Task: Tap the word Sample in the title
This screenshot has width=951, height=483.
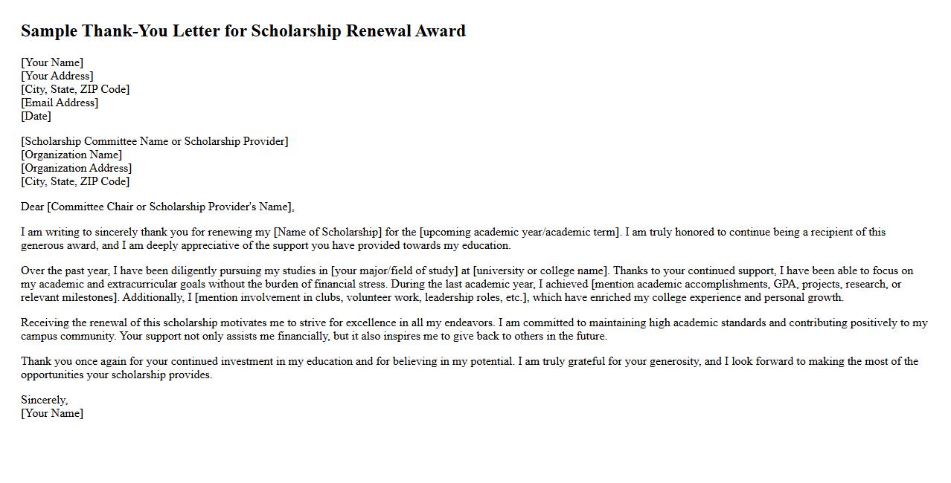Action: click(48, 31)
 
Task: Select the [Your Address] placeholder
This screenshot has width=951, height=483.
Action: click(57, 76)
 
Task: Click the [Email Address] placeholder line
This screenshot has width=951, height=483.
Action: click(60, 103)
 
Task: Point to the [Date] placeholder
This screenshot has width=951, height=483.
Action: click(36, 116)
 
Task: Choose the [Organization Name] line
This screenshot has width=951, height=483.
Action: click(71, 155)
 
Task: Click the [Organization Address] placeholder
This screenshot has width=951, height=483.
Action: click(77, 168)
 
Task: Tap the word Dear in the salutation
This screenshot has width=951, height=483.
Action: click(33, 207)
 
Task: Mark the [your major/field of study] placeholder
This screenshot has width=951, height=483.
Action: click(394, 270)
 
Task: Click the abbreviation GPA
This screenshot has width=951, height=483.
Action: click(784, 284)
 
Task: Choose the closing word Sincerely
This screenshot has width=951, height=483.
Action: click(44, 400)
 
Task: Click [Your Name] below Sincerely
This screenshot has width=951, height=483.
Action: click(52, 413)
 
